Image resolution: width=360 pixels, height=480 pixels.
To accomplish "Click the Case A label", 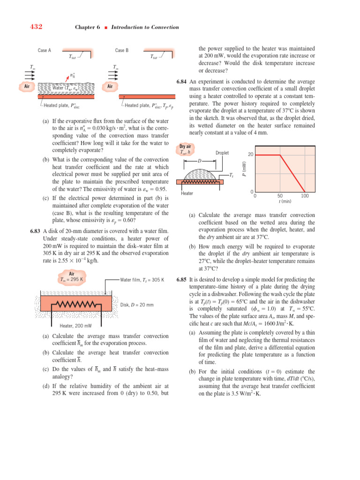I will click(x=45, y=50).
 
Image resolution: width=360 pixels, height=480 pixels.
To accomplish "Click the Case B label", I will click(x=122, y=50).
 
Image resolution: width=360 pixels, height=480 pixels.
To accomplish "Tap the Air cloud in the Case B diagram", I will click(x=110, y=86).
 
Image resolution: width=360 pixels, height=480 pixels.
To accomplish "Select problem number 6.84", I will click(x=182, y=82).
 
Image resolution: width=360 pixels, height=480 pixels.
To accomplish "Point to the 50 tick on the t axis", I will click(x=280, y=196).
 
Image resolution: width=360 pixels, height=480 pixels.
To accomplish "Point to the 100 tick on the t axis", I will click(x=305, y=196).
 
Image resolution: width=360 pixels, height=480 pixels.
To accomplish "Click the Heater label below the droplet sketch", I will click(x=187, y=193).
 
